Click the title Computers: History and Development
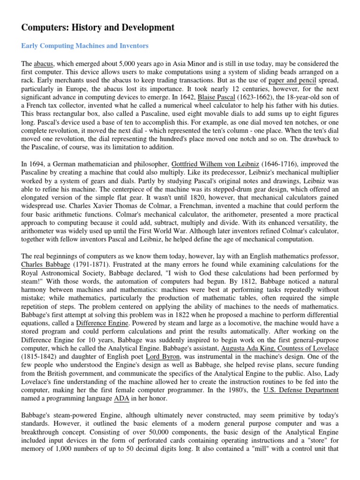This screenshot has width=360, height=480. [x=98, y=28]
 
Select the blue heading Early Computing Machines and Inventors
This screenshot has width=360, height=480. [x=85, y=46]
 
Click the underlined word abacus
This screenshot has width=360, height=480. [x=44, y=63]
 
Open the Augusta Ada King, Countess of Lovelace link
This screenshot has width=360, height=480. [x=280, y=349]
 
